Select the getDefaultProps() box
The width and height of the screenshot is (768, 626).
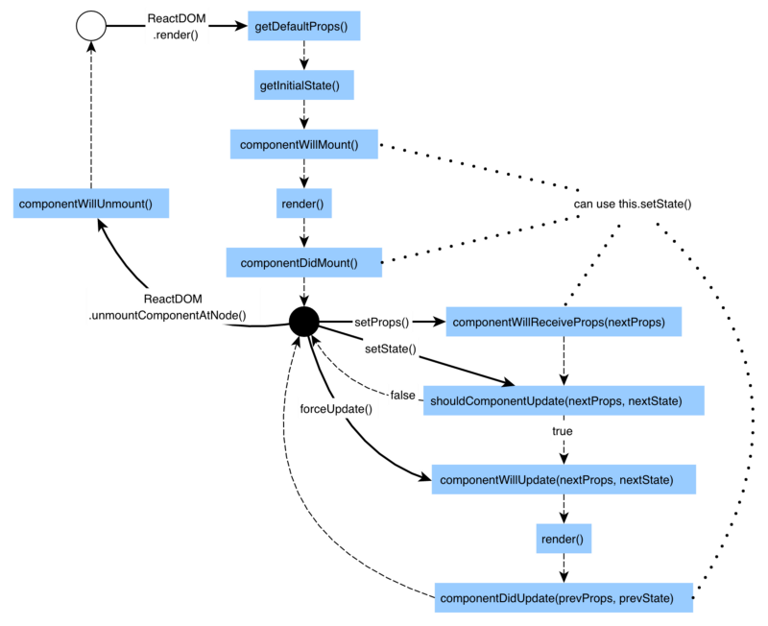(x=304, y=26)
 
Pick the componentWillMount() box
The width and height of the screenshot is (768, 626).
(x=304, y=144)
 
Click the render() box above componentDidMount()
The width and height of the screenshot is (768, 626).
(x=303, y=204)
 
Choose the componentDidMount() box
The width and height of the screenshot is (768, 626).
(x=304, y=261)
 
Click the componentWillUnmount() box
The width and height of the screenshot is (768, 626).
(x=92, y=204)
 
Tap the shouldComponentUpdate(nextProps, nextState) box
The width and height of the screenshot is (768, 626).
(x=564, y=399)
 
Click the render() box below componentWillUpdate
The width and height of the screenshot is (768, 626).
(x=564, y=538)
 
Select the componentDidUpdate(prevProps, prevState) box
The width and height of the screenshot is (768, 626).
(x=564, y=598)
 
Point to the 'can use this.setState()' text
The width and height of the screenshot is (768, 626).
(x=633, y=205)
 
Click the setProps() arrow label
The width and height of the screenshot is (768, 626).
(x=381, y=322)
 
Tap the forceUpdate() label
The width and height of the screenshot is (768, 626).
(x=343, y=408)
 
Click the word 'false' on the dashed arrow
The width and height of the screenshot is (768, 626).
(x=402, y=396)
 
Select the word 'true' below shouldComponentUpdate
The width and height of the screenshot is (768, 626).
(x=563, y=432)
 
